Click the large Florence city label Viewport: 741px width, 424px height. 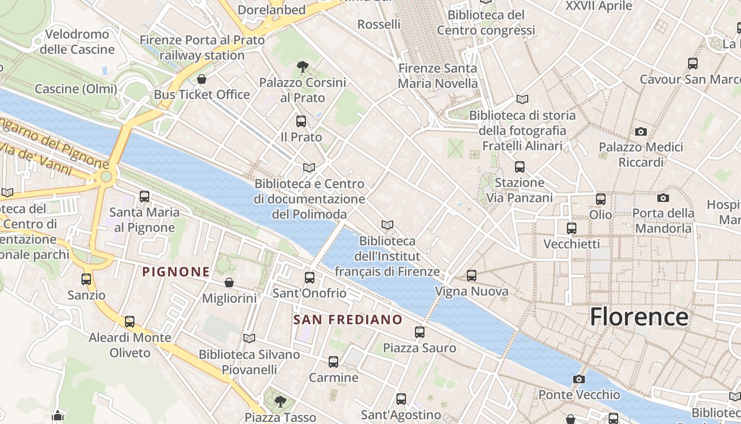click(x=639, y=317)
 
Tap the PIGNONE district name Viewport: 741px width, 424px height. click(x=176, y=272)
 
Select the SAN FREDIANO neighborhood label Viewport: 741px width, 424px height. click(x=348, y=320)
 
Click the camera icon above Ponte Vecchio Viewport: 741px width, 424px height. click(x=579, y=379)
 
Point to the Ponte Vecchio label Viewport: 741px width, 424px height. click(x=579, y=395)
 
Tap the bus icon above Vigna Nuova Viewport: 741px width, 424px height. click(x=472, y=276)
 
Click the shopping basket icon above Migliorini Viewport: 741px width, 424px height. click(x=229, y=282)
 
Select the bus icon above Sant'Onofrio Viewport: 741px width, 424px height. click(x=310, y=277)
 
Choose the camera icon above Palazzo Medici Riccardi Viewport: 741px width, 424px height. click(x=641, y=131)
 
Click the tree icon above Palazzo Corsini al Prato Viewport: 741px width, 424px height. click(x=302, y=67)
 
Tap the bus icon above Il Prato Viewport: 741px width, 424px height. click(x=301, y=121)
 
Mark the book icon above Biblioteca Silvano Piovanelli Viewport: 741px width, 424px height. click(x=249, y=338)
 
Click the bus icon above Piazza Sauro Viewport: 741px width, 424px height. click(x=420, y=332)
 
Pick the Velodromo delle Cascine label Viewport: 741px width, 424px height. click(x=77, y=42)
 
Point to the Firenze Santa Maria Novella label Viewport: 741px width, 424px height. click(x=438, y=76)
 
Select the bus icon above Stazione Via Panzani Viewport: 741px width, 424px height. click(x=520, y=167)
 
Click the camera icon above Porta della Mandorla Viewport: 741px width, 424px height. click(x=663, y=198)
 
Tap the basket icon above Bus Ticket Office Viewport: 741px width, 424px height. click(x=202, y=79)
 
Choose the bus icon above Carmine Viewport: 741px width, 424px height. click(x=333, y=362)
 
